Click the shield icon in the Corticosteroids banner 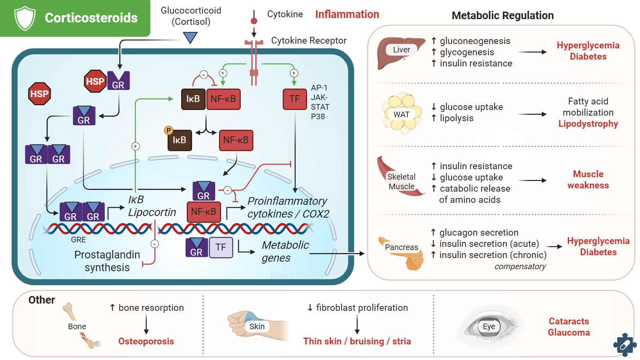[25, 18]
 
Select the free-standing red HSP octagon [39, 94]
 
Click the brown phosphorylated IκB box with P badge [180, 140]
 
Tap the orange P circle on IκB [168, 130]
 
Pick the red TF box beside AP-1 [294, 99]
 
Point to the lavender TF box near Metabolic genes [221, 247]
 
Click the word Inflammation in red [347, 14]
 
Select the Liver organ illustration [400, 52]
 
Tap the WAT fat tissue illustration [402, 114]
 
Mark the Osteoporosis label [146, 341]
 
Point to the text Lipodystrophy [588, 124]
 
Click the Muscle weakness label [588, 180]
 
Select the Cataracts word [568, 321]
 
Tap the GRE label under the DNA [78, 240]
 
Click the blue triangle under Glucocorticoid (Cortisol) [190, 38]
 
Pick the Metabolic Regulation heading [502, 16]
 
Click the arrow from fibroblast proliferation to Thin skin [357, 324]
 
